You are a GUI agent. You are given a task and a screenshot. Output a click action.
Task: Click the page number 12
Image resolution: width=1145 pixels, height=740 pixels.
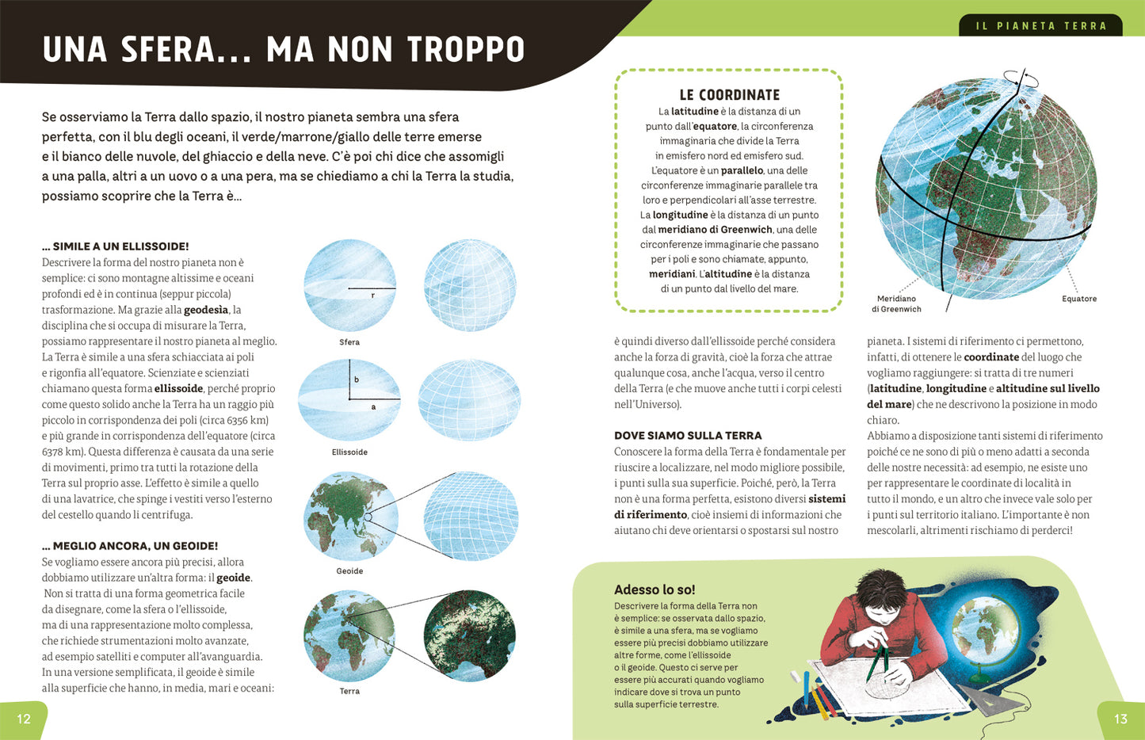pos(24,719)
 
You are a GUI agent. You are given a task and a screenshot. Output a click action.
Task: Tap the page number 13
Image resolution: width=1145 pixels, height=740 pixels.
pos(1120,719)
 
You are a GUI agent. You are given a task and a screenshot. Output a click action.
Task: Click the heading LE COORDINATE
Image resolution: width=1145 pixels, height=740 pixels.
pos(729,95)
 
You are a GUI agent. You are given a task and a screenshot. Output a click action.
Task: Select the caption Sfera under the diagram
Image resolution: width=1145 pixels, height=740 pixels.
pos(349,342)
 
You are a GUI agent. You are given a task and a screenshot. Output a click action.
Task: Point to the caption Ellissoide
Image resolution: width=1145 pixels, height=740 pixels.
pos(349,452)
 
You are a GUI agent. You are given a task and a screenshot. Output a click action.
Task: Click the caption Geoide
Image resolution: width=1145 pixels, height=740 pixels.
pos(349,571)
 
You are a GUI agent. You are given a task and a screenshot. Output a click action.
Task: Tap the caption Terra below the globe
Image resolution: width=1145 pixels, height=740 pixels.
pos(349,692)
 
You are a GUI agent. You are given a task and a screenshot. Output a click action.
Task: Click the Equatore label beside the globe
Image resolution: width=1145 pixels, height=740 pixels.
pos(1079,299)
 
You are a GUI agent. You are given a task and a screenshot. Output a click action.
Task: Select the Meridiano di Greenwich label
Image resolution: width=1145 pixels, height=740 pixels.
pos(896,304)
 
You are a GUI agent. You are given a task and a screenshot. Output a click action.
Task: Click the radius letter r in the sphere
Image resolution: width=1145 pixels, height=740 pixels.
pos(372,296)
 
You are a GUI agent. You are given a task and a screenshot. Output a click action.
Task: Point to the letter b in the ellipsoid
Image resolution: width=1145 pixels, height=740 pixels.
pos(357,380)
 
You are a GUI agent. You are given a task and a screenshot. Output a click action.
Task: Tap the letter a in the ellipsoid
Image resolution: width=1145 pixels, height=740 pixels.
pos(373,407)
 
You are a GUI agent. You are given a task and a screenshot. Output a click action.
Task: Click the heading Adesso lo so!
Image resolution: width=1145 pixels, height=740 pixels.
pos(655,589)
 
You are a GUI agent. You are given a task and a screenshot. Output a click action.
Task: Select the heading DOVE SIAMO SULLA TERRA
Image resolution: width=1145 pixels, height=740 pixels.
pos(688,436)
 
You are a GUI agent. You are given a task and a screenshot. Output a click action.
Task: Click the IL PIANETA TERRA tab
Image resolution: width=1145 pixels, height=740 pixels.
pos(1041,26)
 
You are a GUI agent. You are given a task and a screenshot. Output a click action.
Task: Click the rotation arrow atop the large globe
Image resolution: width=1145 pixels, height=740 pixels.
pos(1021,78)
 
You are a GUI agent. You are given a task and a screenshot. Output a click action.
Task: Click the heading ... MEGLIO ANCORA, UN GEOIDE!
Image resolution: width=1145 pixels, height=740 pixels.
pos(130,546)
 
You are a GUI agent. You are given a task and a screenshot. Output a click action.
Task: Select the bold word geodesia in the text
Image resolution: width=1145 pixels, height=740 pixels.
pos(206,310)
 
